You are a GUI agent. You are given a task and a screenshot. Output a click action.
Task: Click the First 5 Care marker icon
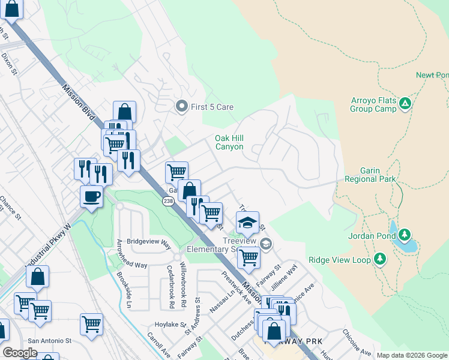(x=181, y=107)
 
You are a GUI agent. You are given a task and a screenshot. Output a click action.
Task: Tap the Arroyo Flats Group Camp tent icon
(x=406, y=104)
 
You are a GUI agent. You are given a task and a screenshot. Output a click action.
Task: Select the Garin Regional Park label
(x=370, y=175)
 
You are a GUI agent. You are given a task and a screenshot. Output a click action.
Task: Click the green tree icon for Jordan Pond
(x=405, y=235)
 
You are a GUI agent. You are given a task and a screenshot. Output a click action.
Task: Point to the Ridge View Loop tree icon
(x=379, y=259)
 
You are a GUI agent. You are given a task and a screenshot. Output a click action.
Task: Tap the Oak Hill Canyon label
(x=229, y=142)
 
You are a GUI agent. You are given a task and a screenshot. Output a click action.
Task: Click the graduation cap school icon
(x=247, y=223)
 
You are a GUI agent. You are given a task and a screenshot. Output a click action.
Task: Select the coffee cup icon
(x=91, y=196)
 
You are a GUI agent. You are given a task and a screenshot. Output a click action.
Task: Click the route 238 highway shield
(x=168, y=202)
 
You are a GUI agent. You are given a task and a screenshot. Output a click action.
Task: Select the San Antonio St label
(x=49, y=340)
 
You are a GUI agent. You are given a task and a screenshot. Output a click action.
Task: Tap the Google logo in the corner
(x=20, y=353)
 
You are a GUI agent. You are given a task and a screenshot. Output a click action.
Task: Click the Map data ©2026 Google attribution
(x=411, y=355)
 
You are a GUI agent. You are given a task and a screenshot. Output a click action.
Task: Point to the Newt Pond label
(x=432, y=75)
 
